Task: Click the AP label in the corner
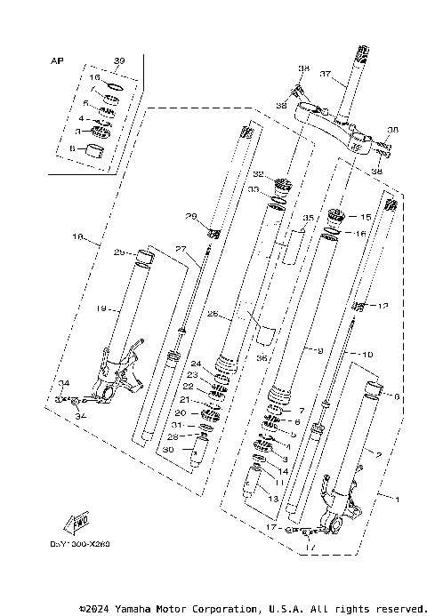pyautogui.click(x=58, y=62)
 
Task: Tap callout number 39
pyautogui.click(x=120, y=60)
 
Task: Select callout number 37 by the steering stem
pyautogui.click(x=326, y=74)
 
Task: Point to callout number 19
pyautogui.click(x=101, y=308)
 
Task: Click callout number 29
pyautogui.click(x=190, y=216)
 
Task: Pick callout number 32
pyautogui.click(x=258, y=174)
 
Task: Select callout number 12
pyautogui.click(x=384, y=306)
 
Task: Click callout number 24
pyautogui.click(x=197, y=363)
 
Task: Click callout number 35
pyautogui.click(x=310, y=216)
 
